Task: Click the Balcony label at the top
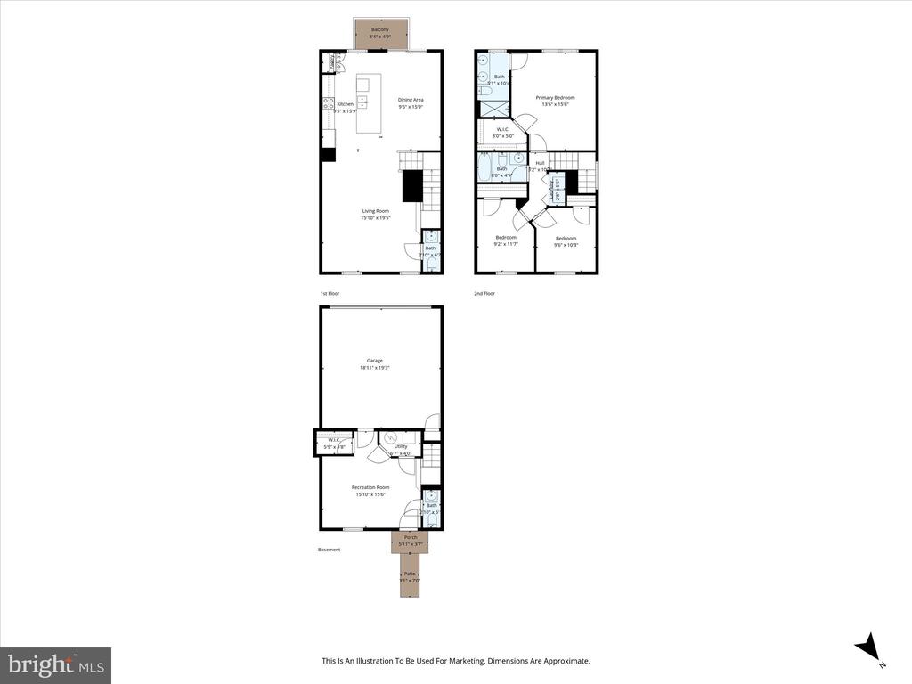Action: tap(380, 30)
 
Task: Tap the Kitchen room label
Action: tap(346, 104)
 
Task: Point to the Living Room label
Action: tap(376, 211)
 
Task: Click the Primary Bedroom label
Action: tap(555, 98)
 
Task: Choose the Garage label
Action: tap(374, 361)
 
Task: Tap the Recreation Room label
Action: tap(370, 487)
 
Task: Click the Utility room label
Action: tap(401, 446)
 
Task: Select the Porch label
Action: tap(411, 537)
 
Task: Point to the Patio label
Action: tap(410, 574)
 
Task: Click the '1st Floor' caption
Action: tap(330, 293)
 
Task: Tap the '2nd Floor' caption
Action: tap(484, 293)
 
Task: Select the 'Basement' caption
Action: tap(329, 550)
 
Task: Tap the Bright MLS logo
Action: tap(55, 664)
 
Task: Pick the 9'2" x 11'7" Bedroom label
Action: tap(506, 238)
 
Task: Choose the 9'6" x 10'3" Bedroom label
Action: tap(566, 239)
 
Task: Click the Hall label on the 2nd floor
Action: tap(540, 163)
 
